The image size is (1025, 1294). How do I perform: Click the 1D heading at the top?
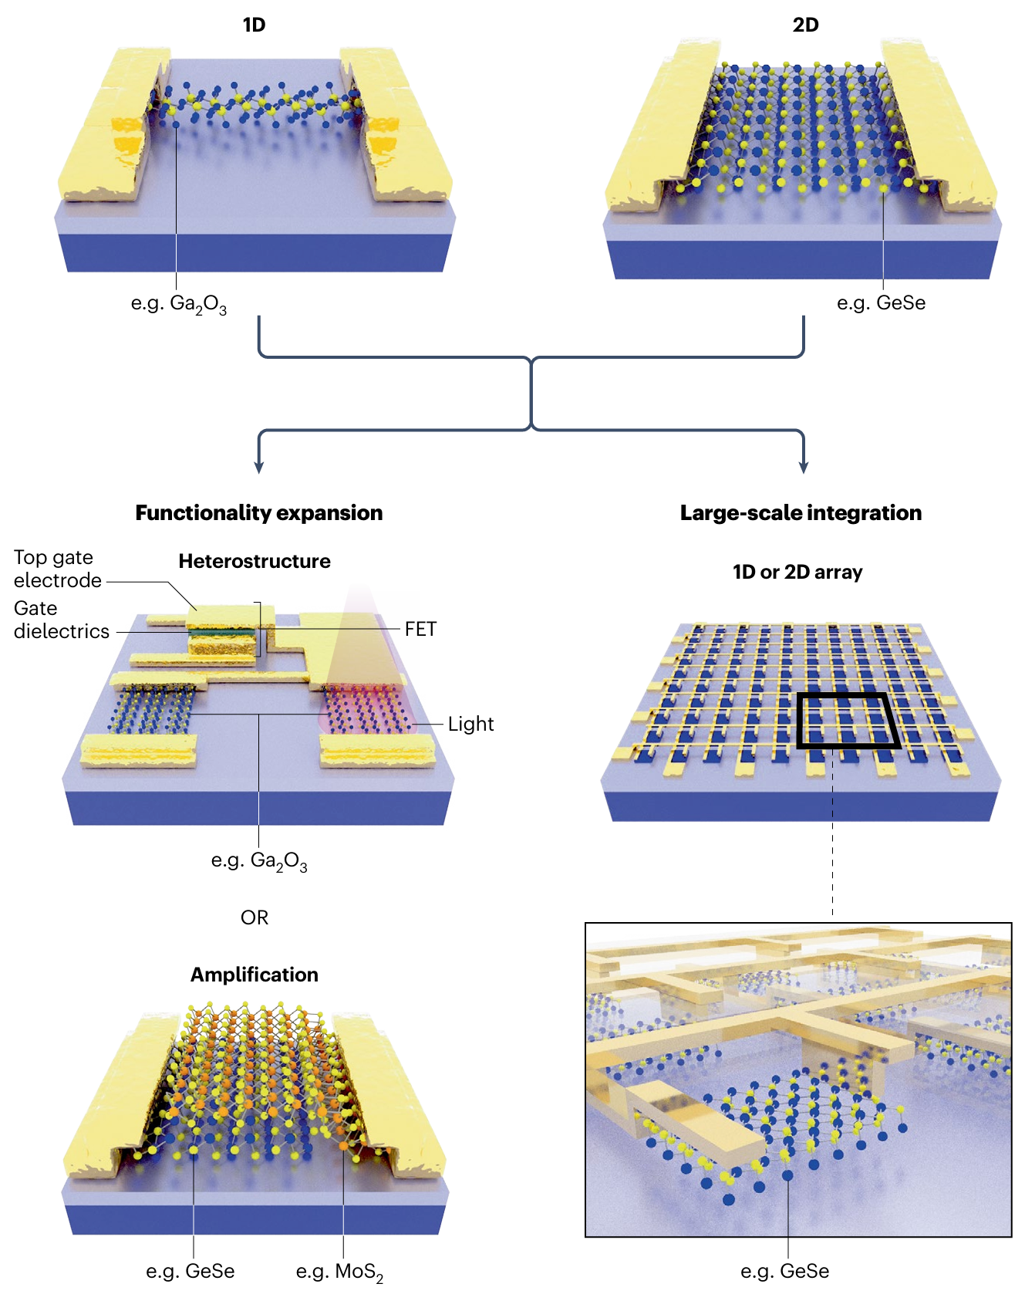click(254, 25)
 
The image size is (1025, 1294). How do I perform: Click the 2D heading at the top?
click(805, 25)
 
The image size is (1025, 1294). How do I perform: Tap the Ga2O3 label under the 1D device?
click(179, 304)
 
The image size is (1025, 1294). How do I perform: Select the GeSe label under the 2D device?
click(881, 303)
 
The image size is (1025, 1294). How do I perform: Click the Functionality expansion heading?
click(258, 513)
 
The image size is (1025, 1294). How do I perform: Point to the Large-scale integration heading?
click(801, 513)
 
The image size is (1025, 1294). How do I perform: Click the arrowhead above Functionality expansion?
click(259, 467)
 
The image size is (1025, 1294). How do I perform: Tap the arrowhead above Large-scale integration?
click(804, 467)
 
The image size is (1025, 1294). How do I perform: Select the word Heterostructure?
click(255, 562)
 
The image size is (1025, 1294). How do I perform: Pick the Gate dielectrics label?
click(61, 620)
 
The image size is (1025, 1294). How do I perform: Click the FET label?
click(421, 630)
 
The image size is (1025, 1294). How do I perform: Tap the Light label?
click(470, 725)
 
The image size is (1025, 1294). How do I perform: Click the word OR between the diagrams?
click(255, 917)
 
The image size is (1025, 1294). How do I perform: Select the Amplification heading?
click(255, 975)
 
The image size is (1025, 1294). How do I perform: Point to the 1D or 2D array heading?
click(797, 573)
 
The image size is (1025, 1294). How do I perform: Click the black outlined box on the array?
click(848, 721)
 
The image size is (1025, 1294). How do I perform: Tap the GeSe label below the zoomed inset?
click(785, 1272)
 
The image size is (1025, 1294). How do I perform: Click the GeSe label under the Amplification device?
click(191, 1272)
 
